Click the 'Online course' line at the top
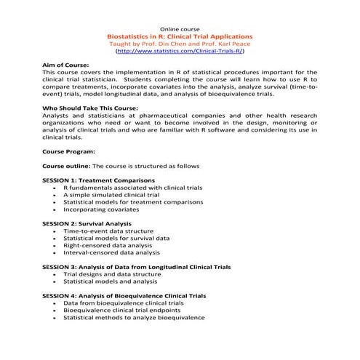tap(180, 28)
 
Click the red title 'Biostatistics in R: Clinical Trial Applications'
tap(180, 36)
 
